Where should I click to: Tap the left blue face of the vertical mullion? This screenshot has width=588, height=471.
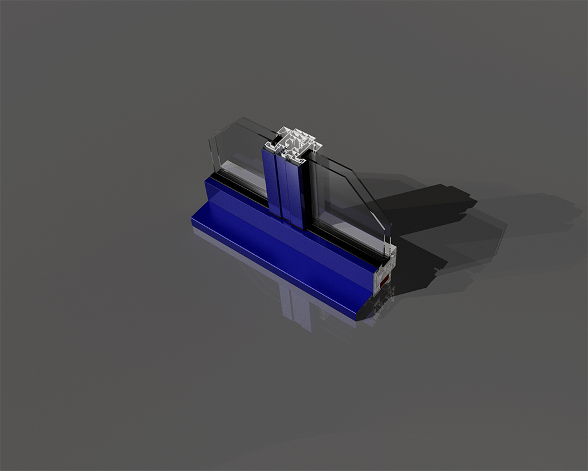271,180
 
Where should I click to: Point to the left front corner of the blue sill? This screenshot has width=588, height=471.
193,222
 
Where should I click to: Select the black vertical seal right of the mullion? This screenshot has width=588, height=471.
307,192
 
